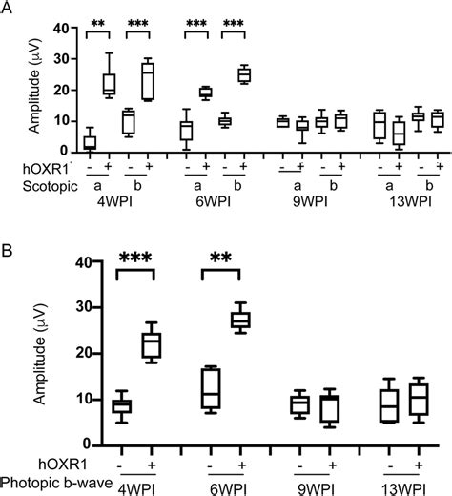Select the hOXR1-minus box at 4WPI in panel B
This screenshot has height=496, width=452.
click(x=121, y=406)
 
